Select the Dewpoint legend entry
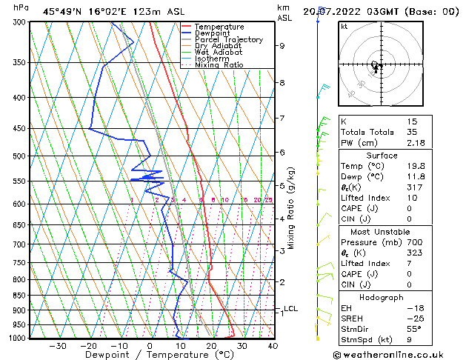[216, 33]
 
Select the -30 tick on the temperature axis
[58, 346]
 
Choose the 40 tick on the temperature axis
[273, 346]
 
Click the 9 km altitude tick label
[282, 46]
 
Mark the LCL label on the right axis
[290, 309]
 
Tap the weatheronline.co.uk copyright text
[398, 355]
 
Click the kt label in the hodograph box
[344, 27]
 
